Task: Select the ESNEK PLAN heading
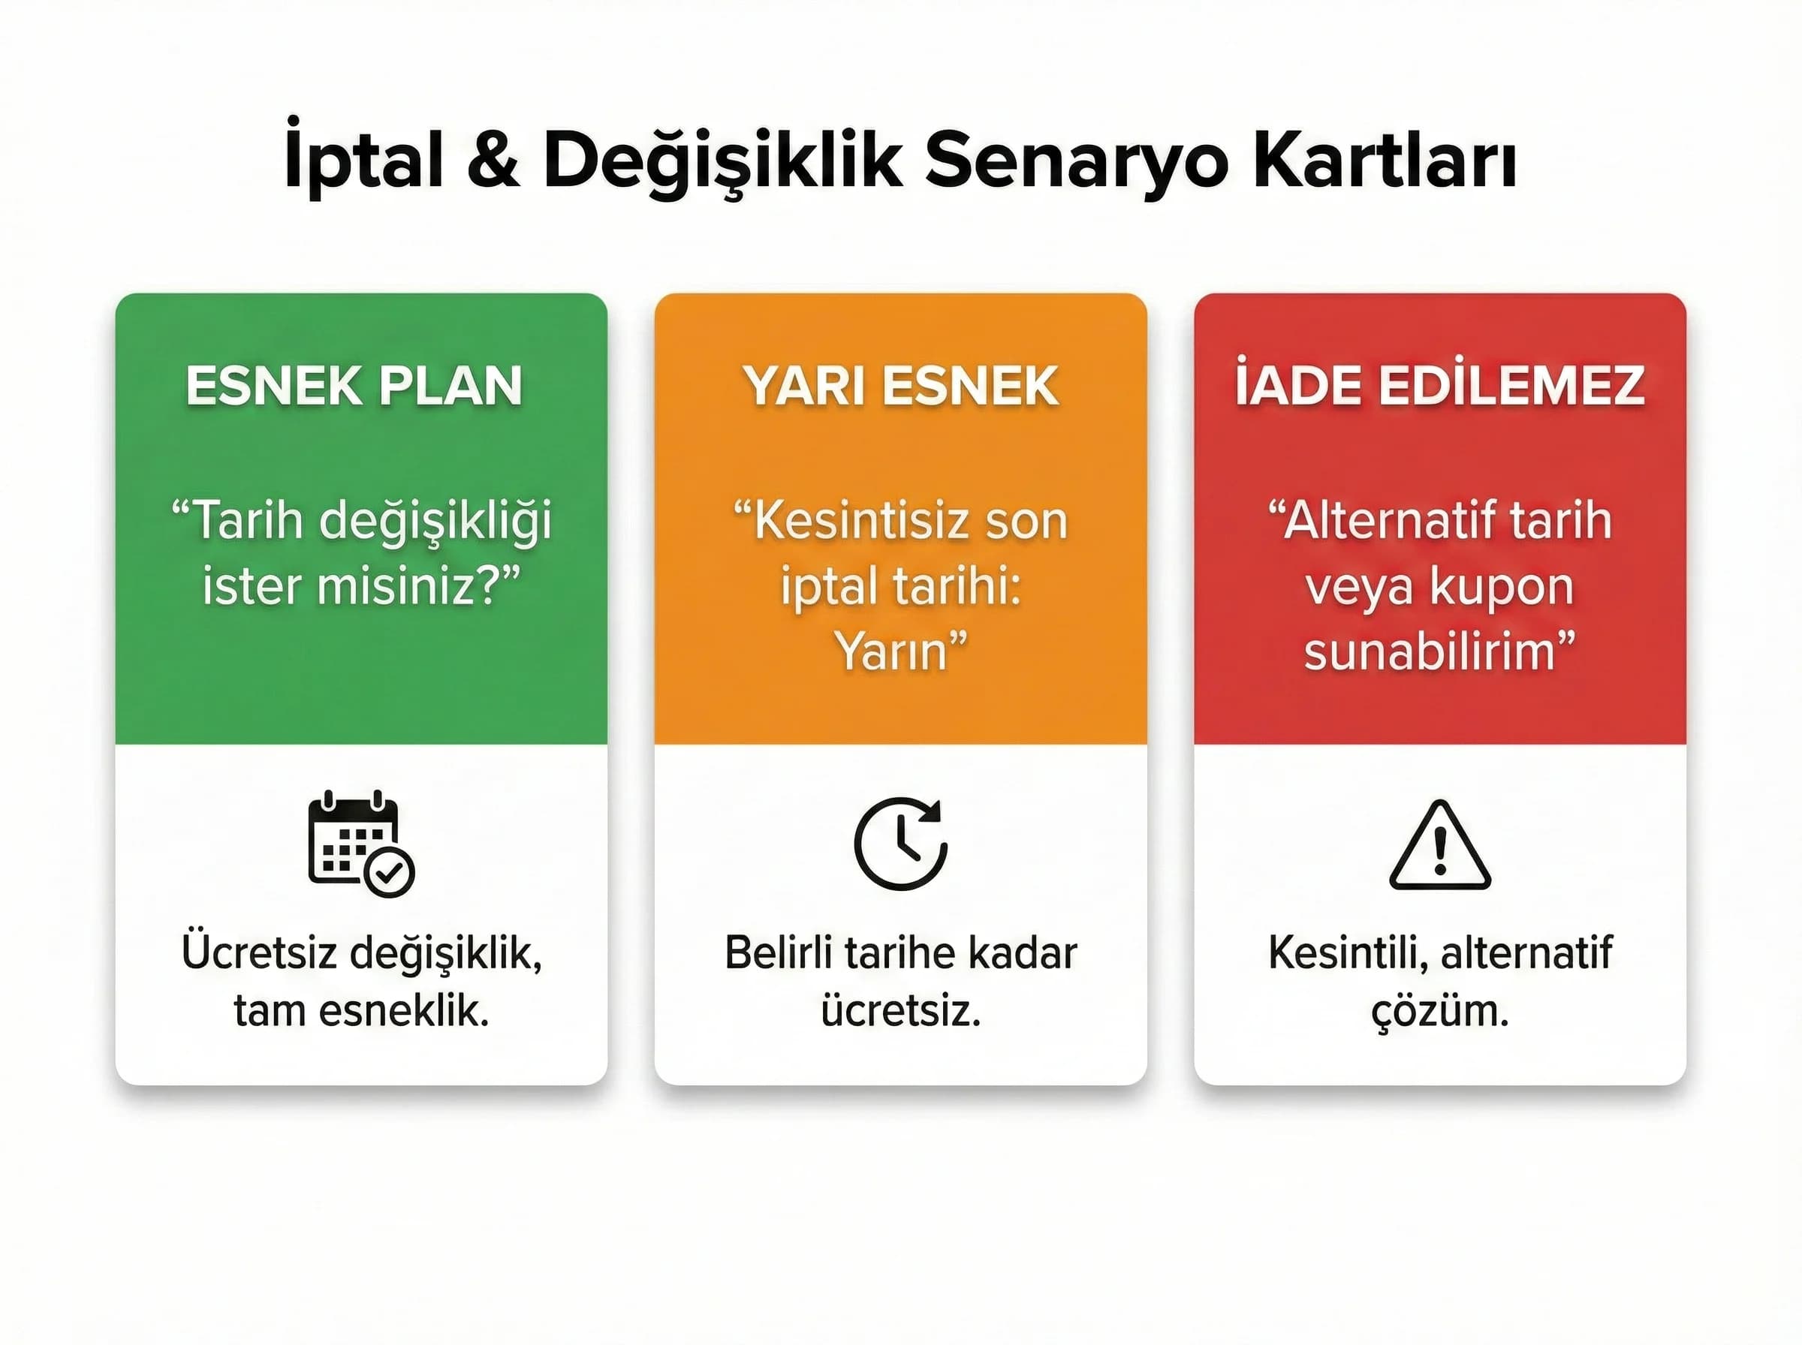tap(354, 385)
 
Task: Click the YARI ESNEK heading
tap(900, 385)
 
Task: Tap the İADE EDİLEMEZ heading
tap(1439, 385)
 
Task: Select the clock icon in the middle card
tap(900, 844)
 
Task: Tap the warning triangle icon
tap(1439, 845)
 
